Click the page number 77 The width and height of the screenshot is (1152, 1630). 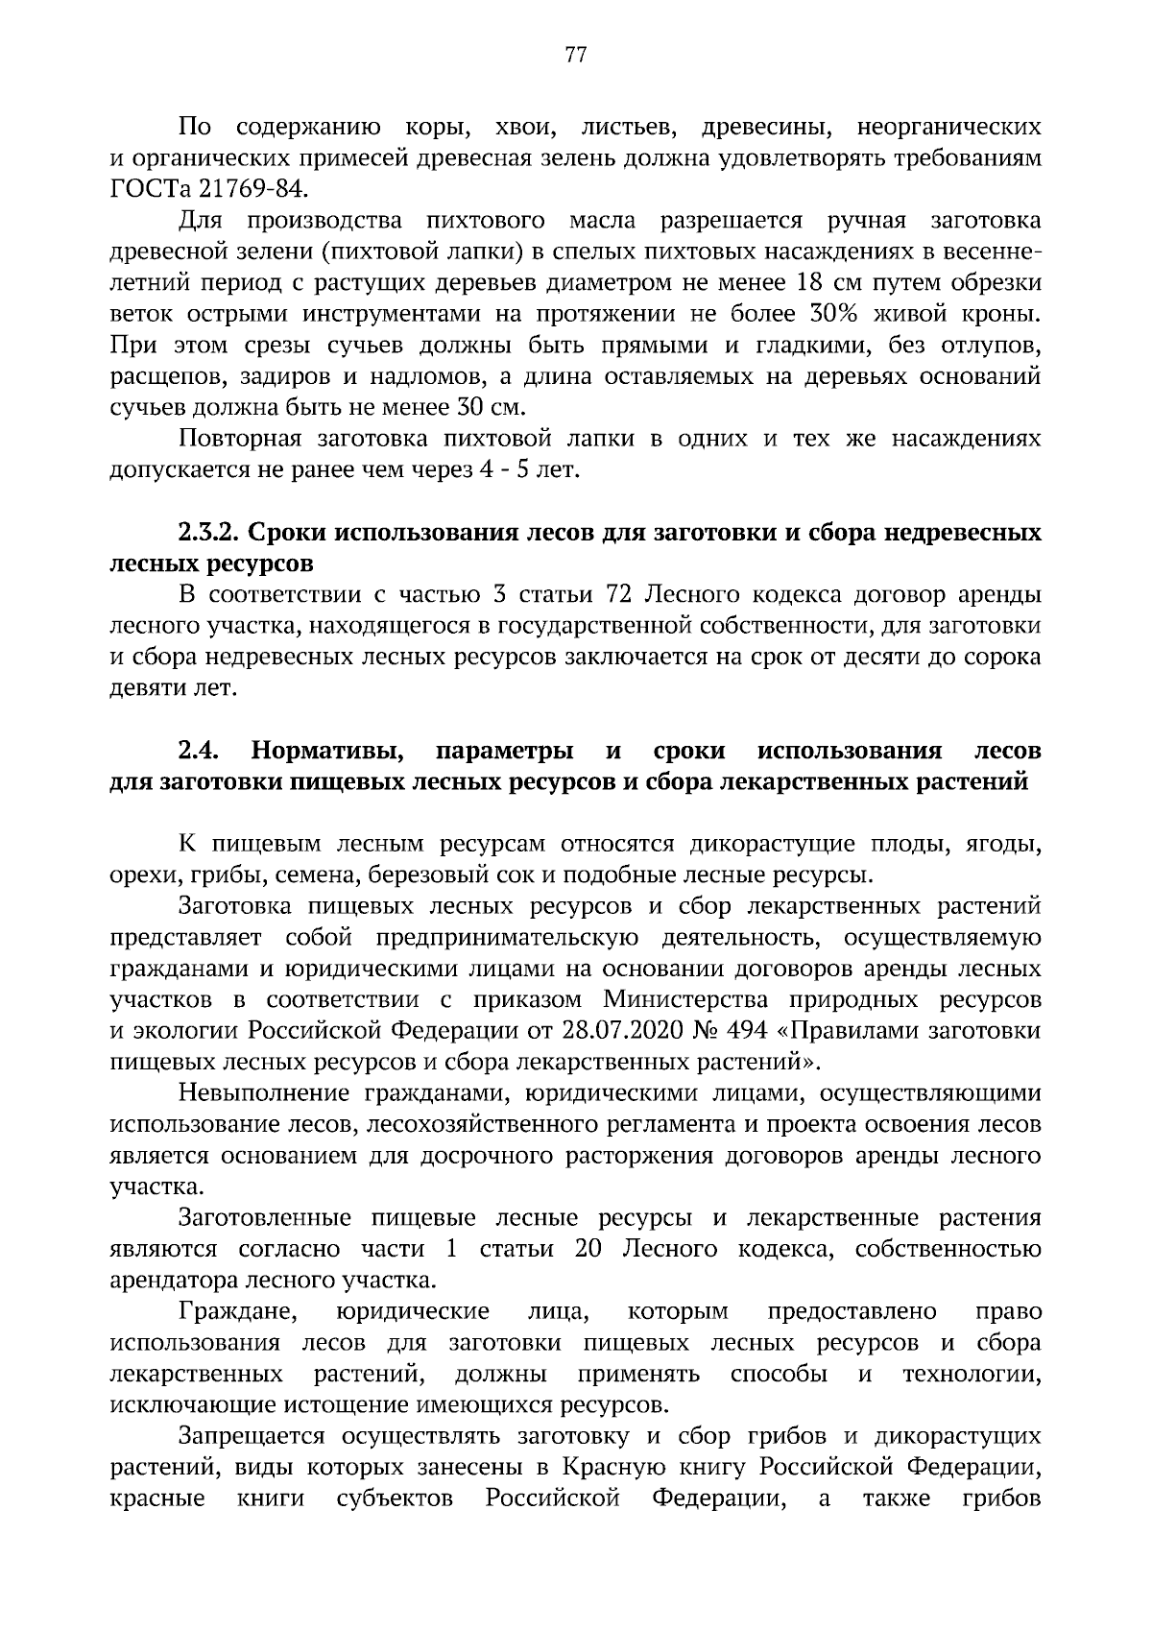point(576,54)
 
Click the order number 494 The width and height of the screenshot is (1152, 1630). point(748,1031)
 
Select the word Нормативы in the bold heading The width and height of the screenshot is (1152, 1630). point(323,750)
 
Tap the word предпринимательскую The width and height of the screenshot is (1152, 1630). point(504,938)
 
